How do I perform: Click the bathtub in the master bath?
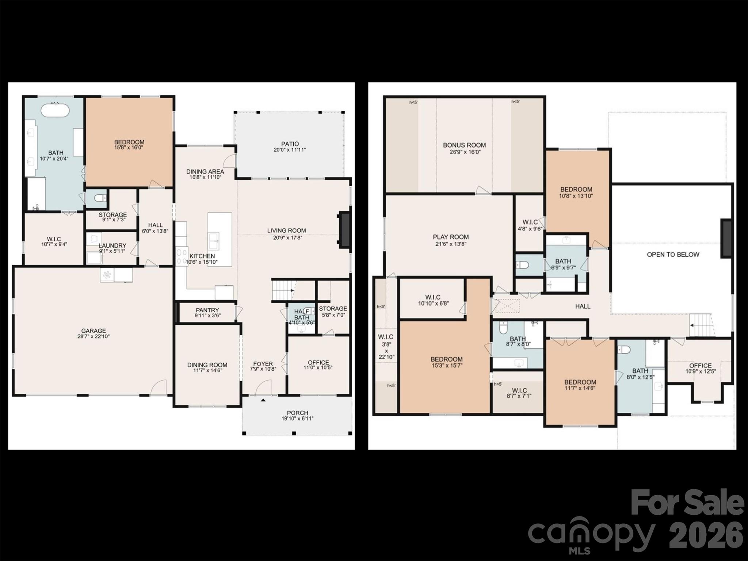click(55, 110)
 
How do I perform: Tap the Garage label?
click(93, 331)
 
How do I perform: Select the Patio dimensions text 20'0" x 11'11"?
click(289, 150)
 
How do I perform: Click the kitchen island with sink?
click(220, 239)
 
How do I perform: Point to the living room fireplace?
click(345, 230)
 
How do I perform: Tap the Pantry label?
click(207, 310)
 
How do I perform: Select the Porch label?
click(297, 413)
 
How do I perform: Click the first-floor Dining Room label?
click(207, 365)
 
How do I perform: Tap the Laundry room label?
click(112, 246)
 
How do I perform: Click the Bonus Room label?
click(464, 145)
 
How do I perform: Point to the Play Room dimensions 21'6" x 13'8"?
click(451, 244)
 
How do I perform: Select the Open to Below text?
click(673, 255)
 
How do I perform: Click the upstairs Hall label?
click(583, 306)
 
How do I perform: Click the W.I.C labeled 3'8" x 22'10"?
click(386, 346)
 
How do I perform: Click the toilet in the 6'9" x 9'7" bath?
click(522, 265)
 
